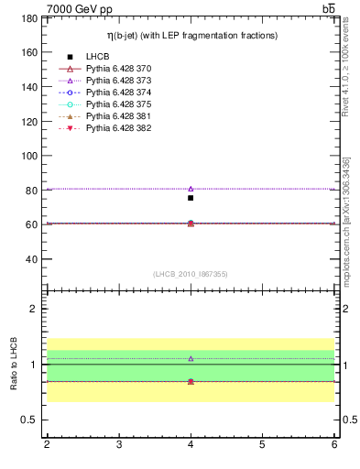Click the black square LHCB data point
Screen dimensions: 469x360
pos(191,198)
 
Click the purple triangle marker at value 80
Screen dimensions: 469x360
pos(191,189)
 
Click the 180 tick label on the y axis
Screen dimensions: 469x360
pos(28,18)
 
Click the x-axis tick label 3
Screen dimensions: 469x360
pos(119,444)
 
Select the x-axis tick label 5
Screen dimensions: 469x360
pos(262,444)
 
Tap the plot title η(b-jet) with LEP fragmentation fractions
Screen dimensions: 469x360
pos(191,36)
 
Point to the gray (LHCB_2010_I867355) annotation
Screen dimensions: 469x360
pos(191,274)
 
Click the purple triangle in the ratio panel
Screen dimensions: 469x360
pos(191,359)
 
